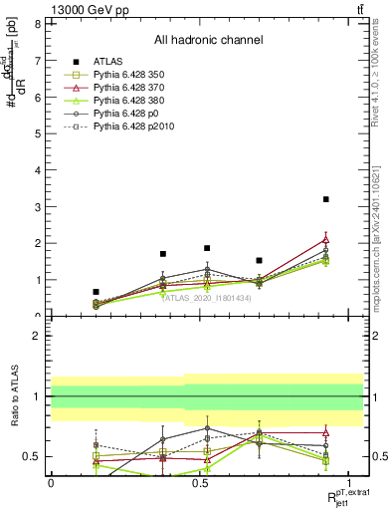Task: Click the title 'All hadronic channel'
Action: (207, 41)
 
